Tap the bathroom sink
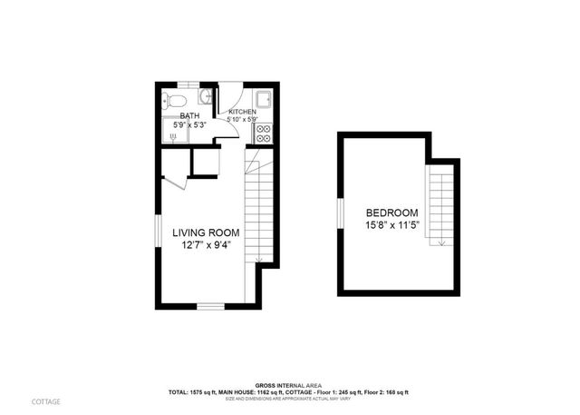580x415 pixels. pos(207,96)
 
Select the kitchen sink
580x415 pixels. pos(264,100)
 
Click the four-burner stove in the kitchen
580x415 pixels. pos(263,132)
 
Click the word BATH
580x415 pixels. pos(189,116)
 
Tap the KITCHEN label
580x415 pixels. pos(243,113)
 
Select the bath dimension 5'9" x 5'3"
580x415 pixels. pos(189,125)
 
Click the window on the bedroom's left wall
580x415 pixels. pos(337,213)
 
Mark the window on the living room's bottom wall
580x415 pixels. pos(209,306)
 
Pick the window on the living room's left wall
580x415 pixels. pos(155,233)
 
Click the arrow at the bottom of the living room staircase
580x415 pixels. pos(258,261)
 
